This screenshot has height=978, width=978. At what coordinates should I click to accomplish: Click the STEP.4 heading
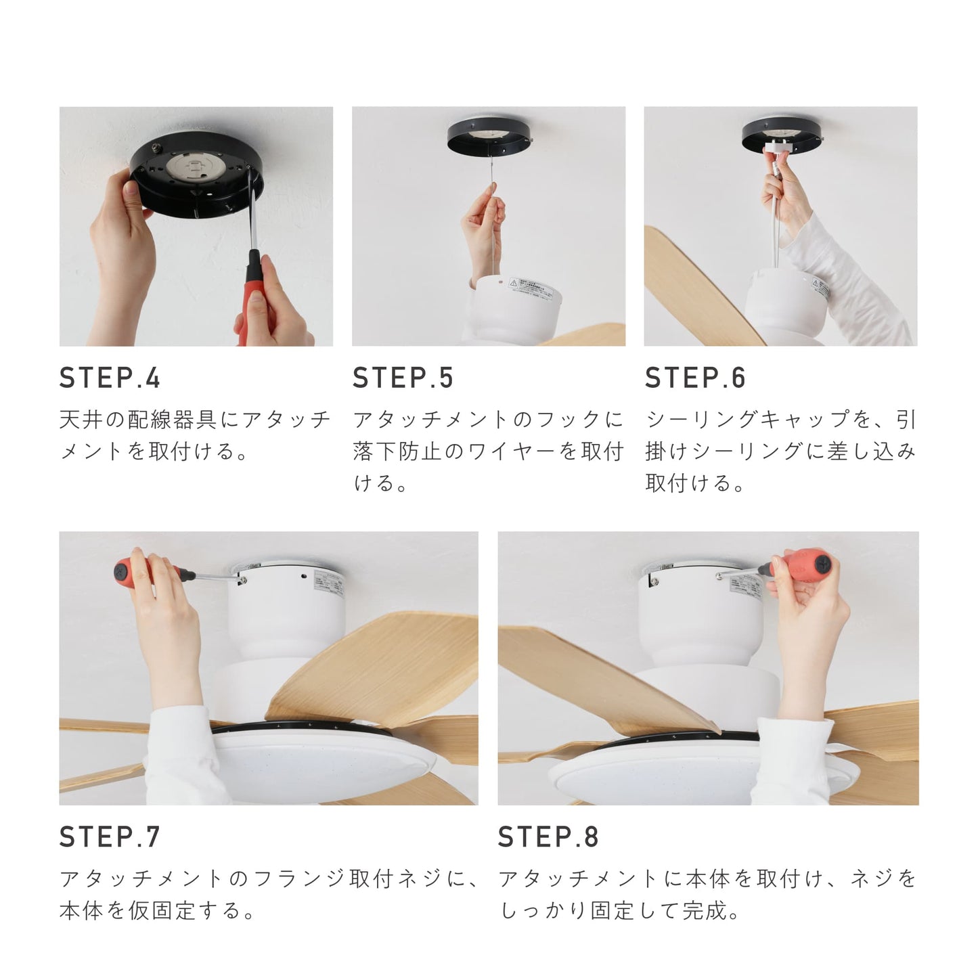coord(110,378)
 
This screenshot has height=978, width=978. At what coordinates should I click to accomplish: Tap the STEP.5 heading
coord(403,378)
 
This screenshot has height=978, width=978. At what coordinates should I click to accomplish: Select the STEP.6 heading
coord(695,378)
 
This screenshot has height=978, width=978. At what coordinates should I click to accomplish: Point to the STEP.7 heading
coord(110,837)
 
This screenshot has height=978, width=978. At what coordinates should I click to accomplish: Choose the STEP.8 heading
coord(548,837)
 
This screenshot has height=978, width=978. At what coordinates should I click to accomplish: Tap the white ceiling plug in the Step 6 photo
coord(776,146)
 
